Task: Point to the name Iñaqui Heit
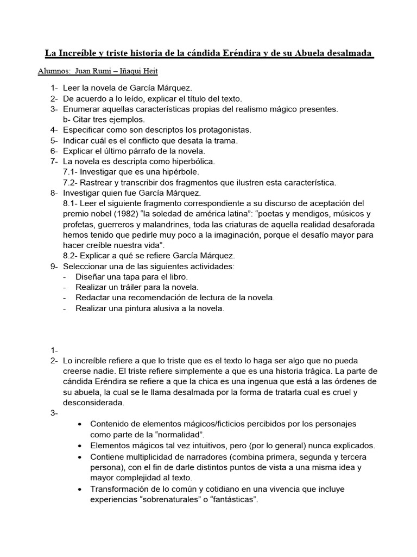(x=138, y=71)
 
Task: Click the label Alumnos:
(x=54, y=71)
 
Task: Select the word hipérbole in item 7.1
(x=181, y=172)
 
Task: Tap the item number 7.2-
(x=72, y=182)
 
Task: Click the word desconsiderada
(x=94, y=403)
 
